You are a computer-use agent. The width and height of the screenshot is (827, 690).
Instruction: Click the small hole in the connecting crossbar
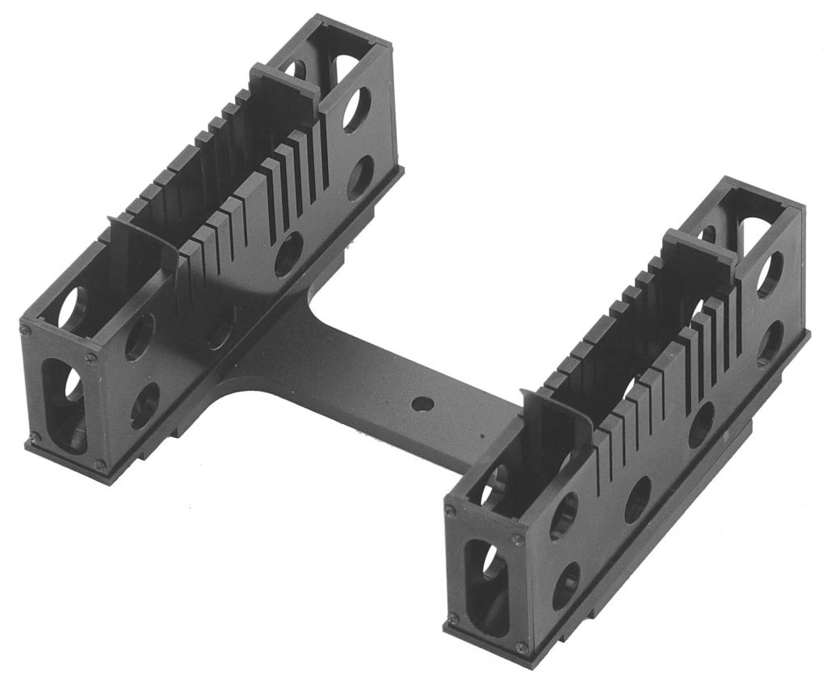pos(418,402)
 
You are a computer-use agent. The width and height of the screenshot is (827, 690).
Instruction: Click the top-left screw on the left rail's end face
pos(26,330)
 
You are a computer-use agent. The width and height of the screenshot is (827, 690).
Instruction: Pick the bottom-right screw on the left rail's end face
pos(99,464)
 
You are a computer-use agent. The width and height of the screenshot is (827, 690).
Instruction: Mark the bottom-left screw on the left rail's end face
pos(33,437)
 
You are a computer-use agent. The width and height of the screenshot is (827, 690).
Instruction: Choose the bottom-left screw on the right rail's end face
pos(453,619)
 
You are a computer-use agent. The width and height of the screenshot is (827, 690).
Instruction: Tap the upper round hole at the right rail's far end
pos(769,274)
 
